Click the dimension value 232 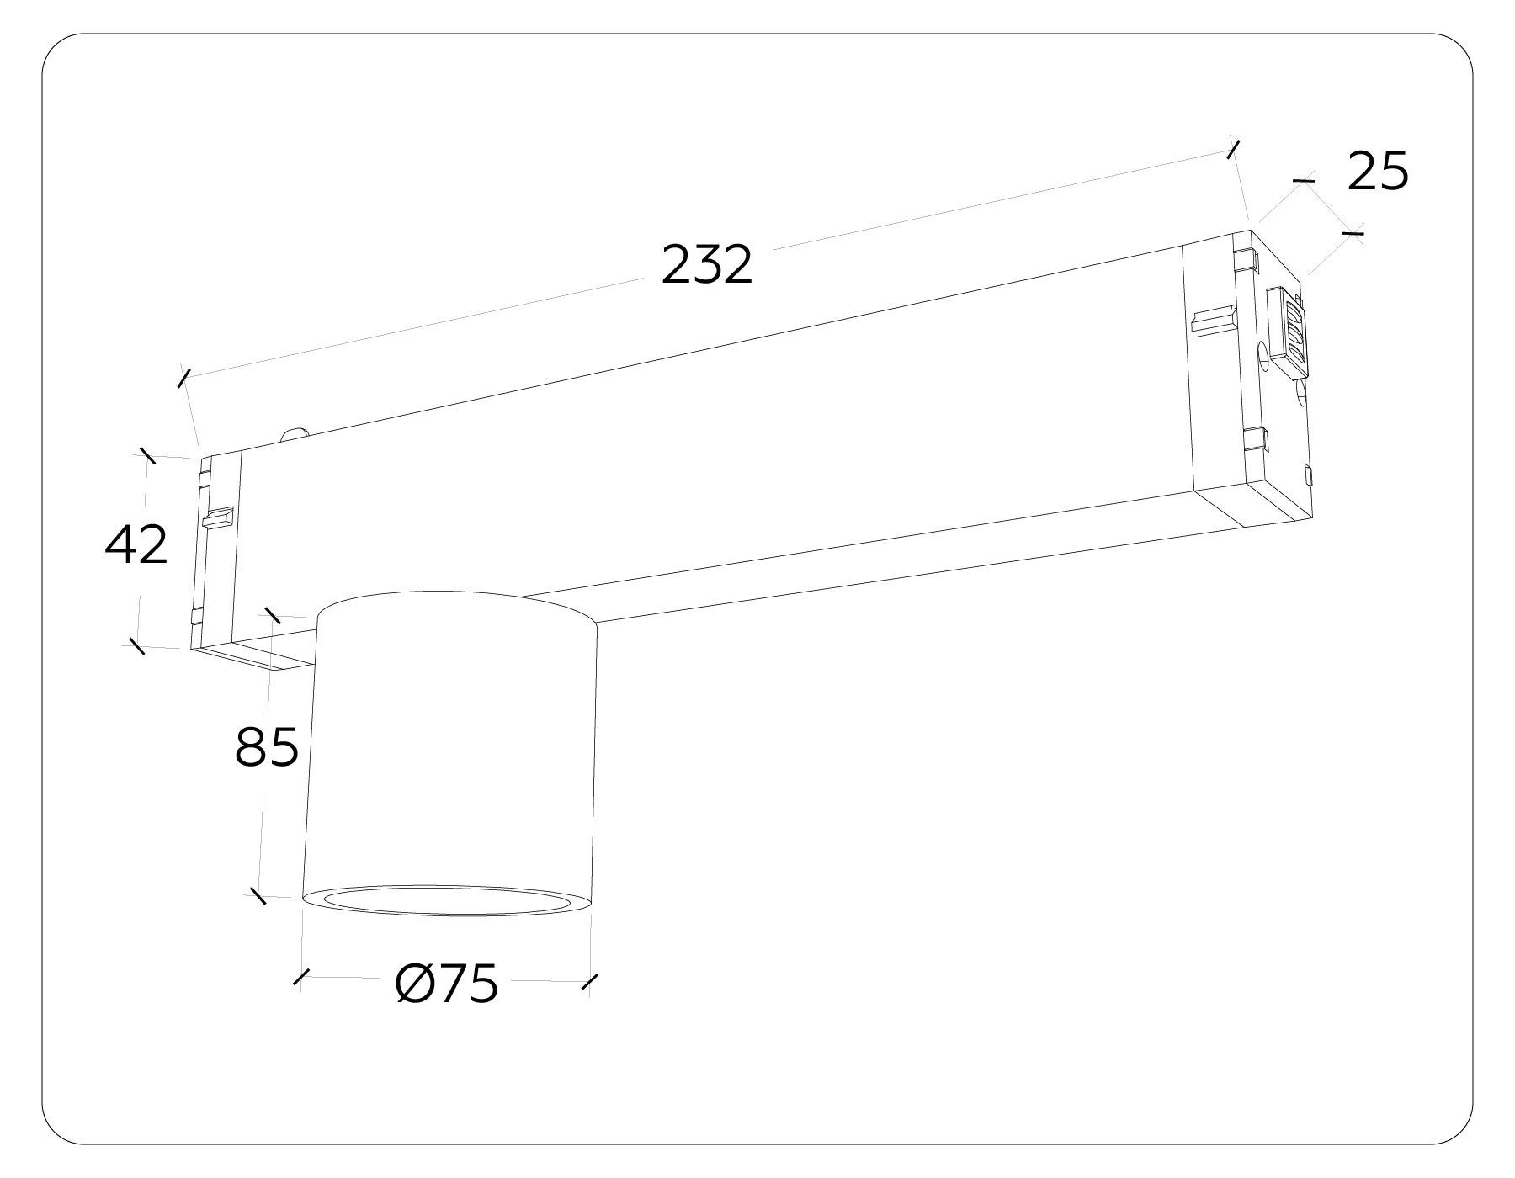click(x=706, y=264)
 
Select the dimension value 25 click(x=1378, y=172)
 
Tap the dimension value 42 click(x=136, y=544)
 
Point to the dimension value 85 click(x=267, y=746)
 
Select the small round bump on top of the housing click(x=294, y=434)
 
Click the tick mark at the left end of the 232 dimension click(x=184, y=378)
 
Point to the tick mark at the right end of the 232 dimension click(x=1234, y=150)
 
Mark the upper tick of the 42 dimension click(x=147, y=455)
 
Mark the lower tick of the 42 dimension click(x=136, y=646)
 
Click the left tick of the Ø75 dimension click(x=300, y=977)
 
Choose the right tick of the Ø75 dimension click(x=590, y=981)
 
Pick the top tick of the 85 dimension click(x=272, y=615)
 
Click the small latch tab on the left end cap click(x=216, y=517)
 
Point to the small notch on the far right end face click(x=1307, y=475)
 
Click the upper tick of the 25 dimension click(x=1303, y=180)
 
